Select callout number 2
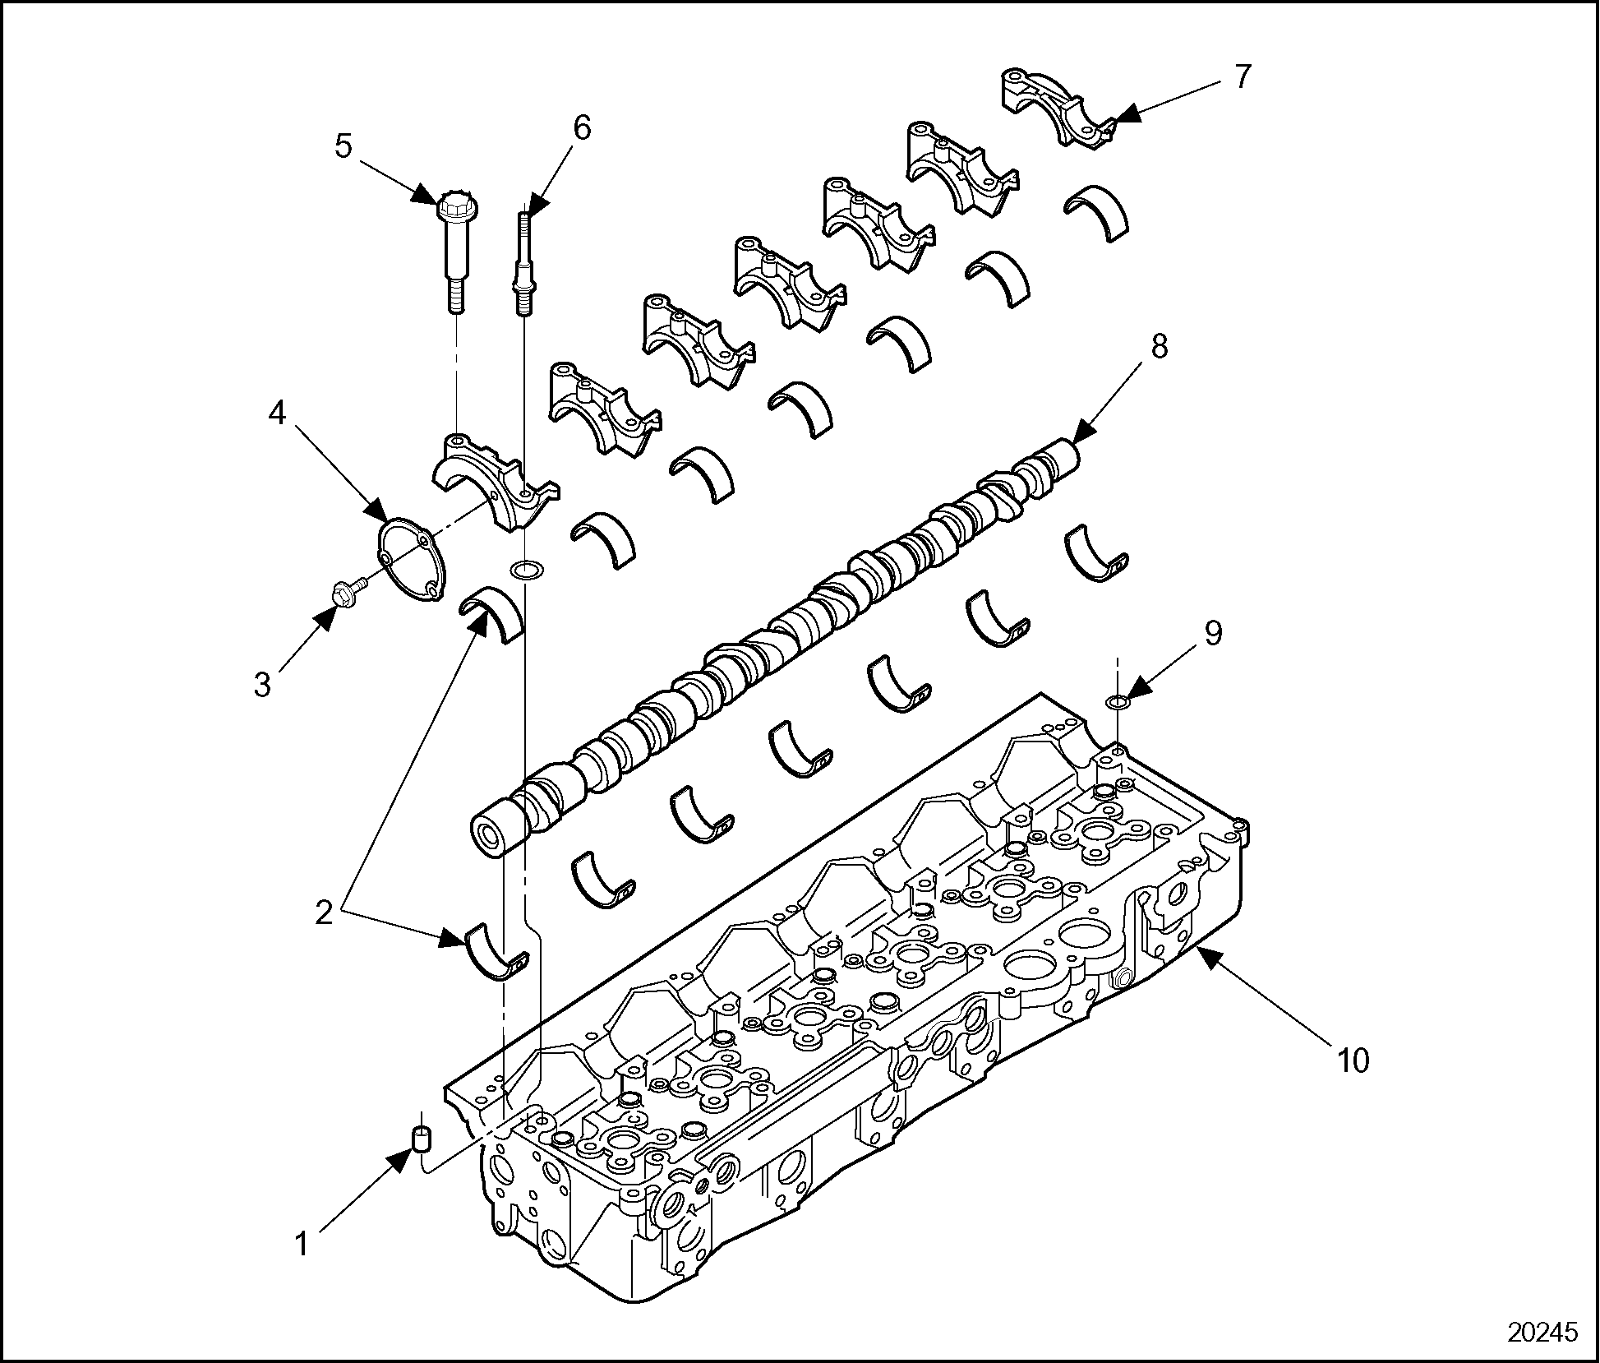click(325, 913)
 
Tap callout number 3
click(262, 684)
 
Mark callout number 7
click(1242, 76)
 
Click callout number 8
click(1160, 346)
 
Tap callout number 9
click(1213, 632)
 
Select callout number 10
click(1353, 1060)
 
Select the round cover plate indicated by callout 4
click(410, 557)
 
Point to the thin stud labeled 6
click(523, 264)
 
